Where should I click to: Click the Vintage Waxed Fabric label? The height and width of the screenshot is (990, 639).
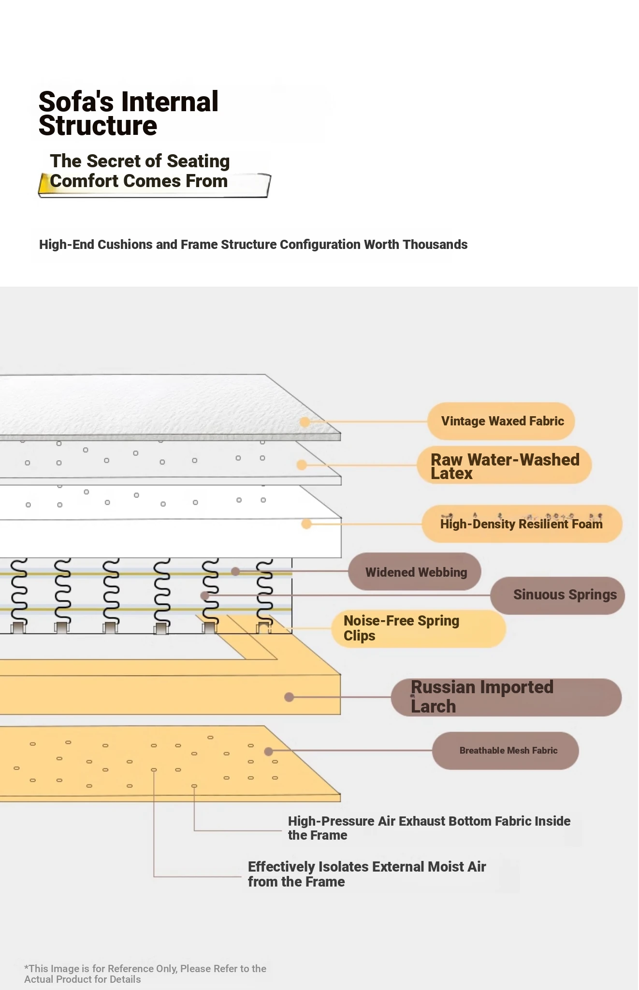[502, 421]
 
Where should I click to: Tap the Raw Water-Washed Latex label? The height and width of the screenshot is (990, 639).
[504, 466]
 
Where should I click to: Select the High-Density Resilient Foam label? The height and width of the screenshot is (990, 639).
[521, 524]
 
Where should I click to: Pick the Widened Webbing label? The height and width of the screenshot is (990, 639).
[416, 572]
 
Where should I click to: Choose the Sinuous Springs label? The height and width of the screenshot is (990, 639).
[564, 595]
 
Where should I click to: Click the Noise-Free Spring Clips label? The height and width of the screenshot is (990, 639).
[401, 628]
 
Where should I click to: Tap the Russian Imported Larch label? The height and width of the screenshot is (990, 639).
[481, 697]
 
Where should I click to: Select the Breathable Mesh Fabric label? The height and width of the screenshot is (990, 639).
[508, 750]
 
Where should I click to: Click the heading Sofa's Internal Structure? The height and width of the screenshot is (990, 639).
[128, 114]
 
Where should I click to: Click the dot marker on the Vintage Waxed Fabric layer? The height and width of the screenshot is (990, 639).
[305, 422]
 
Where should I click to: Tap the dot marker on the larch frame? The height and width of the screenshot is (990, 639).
[289, 697]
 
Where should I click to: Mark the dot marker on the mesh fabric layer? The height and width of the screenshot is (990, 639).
[269, 751]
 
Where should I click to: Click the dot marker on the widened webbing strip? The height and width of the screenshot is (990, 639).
[235, 572]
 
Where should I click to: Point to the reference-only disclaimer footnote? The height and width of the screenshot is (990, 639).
[145, 974]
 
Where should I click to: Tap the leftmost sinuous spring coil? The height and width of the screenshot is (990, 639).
[18, 595]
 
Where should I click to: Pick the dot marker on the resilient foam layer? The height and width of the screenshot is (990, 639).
[306, 524]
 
